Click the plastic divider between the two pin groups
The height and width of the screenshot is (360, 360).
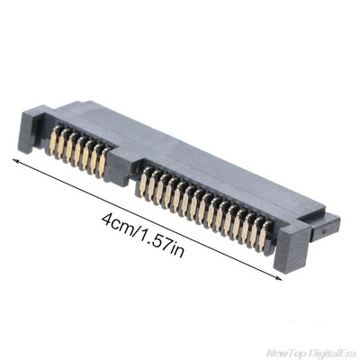[122, 167]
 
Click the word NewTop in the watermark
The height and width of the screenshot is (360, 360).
[286, 351]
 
